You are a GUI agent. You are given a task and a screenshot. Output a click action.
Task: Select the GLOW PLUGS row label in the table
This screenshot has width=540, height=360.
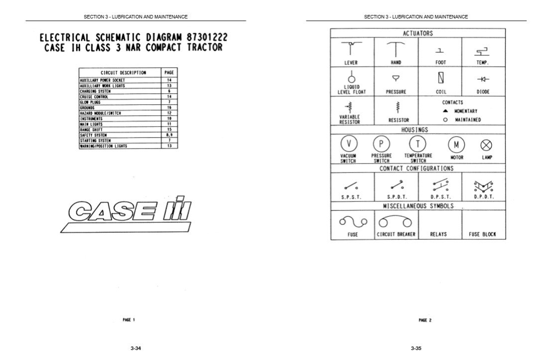(x=91, y=102)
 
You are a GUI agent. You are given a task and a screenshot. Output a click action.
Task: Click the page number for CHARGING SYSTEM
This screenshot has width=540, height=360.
(x=169, y=91)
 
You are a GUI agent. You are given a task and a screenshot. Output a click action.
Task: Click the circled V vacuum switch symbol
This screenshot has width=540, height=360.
(x=349, y=144)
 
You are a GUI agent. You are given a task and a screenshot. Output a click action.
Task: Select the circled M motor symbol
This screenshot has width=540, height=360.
(x=456, y=144)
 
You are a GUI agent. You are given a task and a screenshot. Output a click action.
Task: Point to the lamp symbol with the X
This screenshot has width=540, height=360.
(x=486, y=145)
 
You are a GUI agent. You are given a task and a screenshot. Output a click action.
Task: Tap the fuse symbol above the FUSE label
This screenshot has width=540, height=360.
(x=353, y=221)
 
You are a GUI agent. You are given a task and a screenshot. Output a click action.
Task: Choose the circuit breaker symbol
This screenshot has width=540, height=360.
(x=396, y=221)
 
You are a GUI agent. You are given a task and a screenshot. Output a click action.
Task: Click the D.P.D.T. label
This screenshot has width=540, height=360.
(x=483, y=197)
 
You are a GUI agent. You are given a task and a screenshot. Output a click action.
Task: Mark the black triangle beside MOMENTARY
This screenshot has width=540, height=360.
(x=445, y=111)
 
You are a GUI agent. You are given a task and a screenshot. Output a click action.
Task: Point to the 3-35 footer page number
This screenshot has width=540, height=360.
(x=416, y=348)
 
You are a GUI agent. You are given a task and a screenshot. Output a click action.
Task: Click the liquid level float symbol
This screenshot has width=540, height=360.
(x=351, y=77)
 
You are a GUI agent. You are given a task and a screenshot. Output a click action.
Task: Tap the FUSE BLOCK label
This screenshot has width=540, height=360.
(x=482, y=234)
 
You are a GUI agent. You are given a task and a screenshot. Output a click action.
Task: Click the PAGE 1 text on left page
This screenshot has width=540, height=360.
(x=129, y=320)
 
